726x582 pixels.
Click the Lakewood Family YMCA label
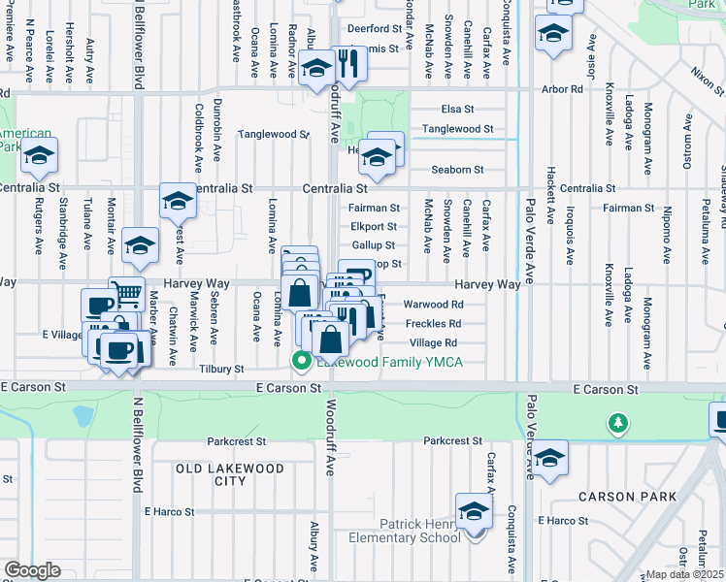[389, 363]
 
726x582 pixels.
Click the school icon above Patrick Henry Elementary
[475, 511]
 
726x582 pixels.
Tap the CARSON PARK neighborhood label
[618, 496]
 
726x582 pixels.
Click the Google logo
[31, 570]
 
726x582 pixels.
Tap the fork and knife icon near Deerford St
[348, 64]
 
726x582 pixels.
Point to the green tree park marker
[616, 422]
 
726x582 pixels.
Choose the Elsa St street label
[455, 110]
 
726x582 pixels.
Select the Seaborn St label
[457, 170]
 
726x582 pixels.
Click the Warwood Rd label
[432, 304]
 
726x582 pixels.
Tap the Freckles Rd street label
[432, 323]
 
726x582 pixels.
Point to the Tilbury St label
[222, 370]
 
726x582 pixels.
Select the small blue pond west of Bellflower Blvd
[82, 416]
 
